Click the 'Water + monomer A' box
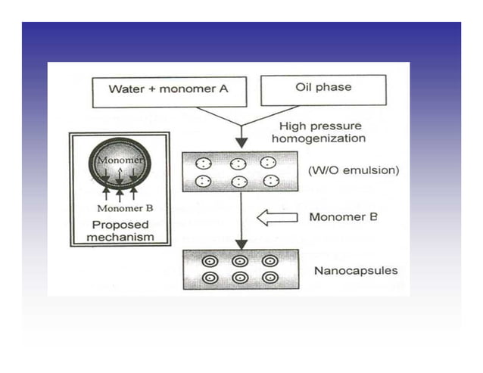168,89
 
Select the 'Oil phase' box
323,89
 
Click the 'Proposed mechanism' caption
120,231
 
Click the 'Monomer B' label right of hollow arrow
342,218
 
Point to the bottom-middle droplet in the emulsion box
238,182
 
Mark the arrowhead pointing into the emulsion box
241,142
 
